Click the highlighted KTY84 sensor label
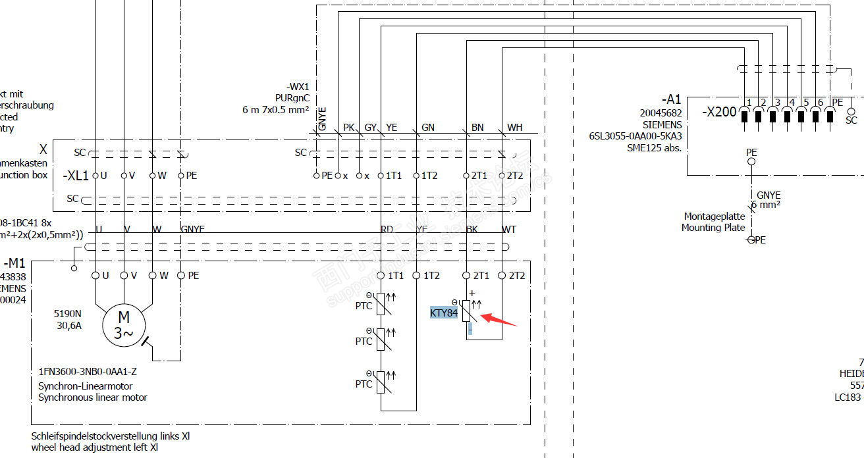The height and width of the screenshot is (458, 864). pos(444,313)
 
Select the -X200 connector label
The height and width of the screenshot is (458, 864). pos(719,112)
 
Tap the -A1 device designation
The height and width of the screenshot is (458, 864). pos(672,99)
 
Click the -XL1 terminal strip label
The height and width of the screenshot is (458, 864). pos(75,176)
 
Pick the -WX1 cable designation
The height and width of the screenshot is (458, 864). pos(298,87)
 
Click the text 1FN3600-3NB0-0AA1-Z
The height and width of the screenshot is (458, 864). pos(88,371)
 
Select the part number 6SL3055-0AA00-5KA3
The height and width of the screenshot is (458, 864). pos(635,136)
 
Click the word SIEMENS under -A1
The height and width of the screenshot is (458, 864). pos(662,124)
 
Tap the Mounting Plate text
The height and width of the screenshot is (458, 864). pos(713,228)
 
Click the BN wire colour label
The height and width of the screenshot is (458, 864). pos(477,128)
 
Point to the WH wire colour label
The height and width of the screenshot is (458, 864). pos(514,128)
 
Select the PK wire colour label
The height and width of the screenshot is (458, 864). pos(348,128)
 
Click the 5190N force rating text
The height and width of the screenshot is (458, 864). pos(68,313)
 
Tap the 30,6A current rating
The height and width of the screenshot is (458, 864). pos(68,325)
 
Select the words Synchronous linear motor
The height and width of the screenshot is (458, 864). pos(93,397)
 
